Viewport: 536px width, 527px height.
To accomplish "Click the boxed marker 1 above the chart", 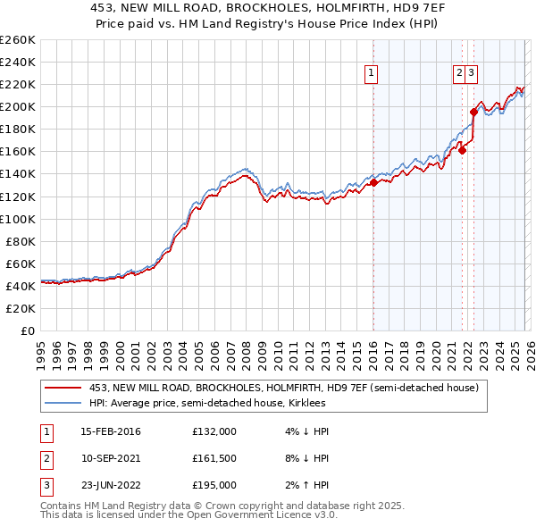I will tap(370, 74).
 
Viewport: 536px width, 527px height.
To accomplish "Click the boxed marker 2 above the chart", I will tap(459, 74).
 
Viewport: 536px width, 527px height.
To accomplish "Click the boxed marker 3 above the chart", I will tap(471, 74).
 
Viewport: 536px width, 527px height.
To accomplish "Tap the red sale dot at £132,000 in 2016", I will tap(373, 182).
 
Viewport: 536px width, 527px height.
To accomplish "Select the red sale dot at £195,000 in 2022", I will tap(473, 112).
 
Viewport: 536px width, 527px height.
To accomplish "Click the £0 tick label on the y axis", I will tap(27, 330).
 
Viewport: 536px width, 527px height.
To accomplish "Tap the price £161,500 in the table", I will tap(214, 458).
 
